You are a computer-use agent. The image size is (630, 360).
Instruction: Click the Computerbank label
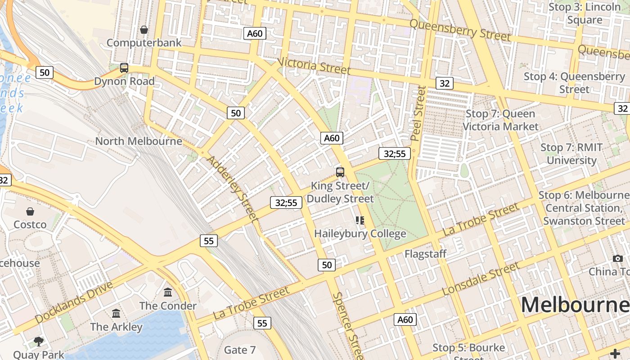point(144,43)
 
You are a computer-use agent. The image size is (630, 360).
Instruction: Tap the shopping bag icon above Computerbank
point(144,30)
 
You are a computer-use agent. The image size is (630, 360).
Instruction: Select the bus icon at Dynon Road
point(124,68)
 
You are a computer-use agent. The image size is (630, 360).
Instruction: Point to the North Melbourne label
point(139,141)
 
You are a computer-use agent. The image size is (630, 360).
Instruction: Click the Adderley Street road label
point(232,189)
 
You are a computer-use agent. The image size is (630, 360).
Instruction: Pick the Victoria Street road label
point(314,66)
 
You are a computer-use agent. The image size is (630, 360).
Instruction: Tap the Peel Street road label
point(418,113)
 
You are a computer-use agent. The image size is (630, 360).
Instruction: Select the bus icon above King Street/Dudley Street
point(340,172)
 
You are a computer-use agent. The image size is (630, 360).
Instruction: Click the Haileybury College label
point(360,234)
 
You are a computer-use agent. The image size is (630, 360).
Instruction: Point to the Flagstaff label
point(425,254)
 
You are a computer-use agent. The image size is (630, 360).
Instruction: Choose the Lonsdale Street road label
point(481,279)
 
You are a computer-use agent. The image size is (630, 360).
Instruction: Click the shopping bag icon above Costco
point(30,211)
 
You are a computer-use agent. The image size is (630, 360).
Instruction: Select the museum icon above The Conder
point(168,292)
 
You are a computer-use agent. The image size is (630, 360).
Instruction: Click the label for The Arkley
point(116,327)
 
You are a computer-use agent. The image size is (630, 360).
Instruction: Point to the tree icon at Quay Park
point(39,341)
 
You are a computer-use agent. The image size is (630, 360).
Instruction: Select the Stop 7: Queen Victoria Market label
point(500,120)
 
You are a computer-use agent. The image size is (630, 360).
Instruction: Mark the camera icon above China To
point(618,258)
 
